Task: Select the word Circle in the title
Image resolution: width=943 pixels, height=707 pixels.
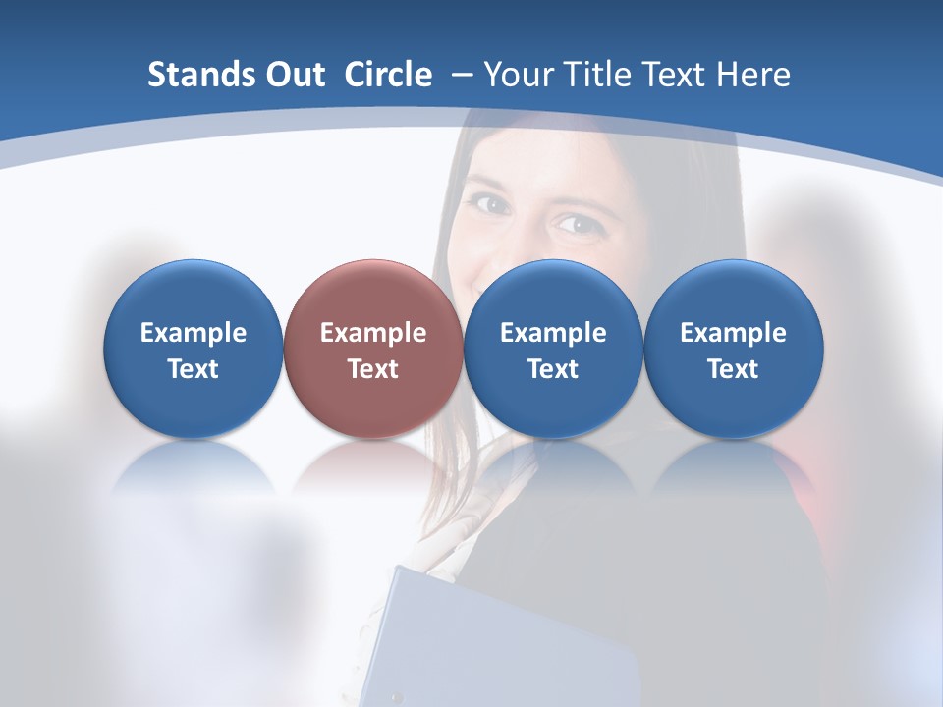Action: tap(388, 75)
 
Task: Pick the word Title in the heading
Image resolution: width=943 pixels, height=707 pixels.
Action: tap(593, 75)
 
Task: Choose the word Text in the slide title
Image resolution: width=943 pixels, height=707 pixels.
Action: tap(674, 75)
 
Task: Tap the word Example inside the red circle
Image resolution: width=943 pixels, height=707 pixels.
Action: tap(373, 333)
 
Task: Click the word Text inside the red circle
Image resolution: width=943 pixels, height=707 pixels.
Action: tap(373, 369)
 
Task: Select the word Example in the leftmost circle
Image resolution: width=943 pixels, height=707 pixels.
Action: tap(193, 333)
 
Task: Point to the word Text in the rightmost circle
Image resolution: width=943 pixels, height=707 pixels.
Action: tap(733, 369)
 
